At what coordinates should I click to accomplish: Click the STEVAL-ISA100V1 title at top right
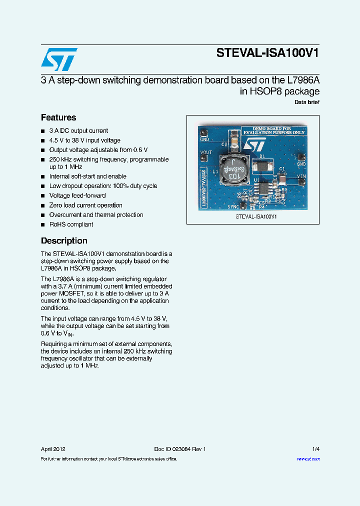267,53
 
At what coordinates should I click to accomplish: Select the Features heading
58,117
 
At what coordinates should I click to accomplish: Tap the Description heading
64,240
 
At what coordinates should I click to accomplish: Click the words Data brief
307,102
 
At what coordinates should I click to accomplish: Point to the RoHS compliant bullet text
71,224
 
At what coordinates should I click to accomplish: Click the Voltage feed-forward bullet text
77,195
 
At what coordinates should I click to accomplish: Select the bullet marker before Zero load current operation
43,205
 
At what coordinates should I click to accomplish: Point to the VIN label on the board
301,176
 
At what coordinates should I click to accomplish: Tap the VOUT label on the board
205,152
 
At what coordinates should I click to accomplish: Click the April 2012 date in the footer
53,449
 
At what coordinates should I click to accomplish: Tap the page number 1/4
316,449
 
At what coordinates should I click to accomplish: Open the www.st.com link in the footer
308,459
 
